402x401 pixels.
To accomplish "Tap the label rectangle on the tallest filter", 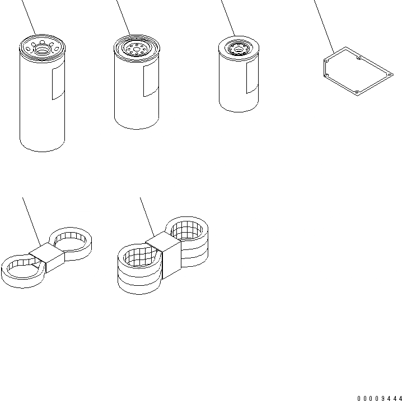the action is pyautogui.click(x=58, y=81).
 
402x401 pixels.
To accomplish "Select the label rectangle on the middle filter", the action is pyautogui.click(x=151, y=79).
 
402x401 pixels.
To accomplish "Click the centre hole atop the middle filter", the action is pyautogui.click(x=137, y=49).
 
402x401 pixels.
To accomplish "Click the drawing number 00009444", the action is pyautogui.click(x=380, y=398).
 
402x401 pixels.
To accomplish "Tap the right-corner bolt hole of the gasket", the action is pyautogui.click(x=390, y=75).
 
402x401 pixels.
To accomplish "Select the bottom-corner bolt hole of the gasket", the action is pyautogui.click(x=356, y=92).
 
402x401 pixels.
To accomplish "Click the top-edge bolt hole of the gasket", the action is pyautogui.click(x=359, y=58).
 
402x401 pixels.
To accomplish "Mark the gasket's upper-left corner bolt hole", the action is pyautogui.click(x=326, y=61).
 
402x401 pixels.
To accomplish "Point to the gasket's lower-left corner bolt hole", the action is pyautogui.click(x=326, y=75).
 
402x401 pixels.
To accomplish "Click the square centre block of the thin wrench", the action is pyautogui.click(x=46, y=257).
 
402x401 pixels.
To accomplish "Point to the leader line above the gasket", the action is pyautogui.click(x=324, y=27).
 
